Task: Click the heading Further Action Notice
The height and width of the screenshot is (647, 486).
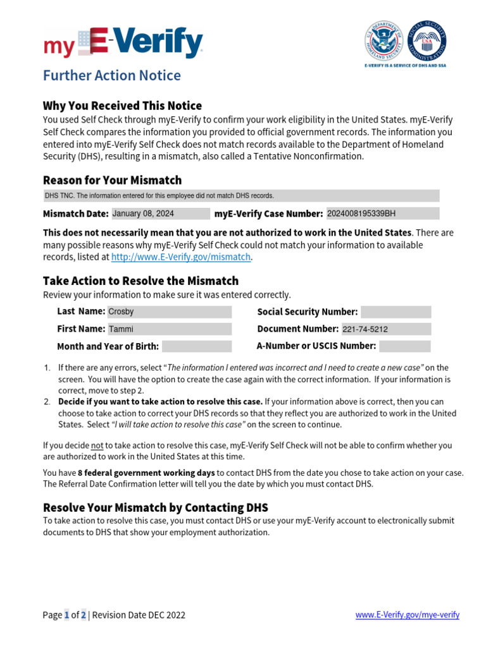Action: pyautogui.click(x=111, y=76)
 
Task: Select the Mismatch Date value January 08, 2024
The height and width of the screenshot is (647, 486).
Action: pyautogui.click(x=160, y=214)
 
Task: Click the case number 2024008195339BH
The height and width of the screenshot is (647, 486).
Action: pyautogui.click(x=382, y=214)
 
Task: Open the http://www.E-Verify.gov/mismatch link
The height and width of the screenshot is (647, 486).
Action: pyautogui.click(x=182, y=257)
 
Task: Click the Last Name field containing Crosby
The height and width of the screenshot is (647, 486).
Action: pyautogui.click(x=170, y=311)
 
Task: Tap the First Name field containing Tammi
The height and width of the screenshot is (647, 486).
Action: pyautogui.click(x=170, y=329)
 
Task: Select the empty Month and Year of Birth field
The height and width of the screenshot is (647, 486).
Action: pyautogui.click(x=197, y=346)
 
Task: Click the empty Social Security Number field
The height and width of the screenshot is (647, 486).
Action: pyautogui.click(x=396, y=311)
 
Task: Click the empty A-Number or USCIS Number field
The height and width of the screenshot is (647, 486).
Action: pyautogui.click(x=405, y=346)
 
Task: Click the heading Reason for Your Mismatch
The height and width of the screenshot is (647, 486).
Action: pyautogui.click(x=112, y=180)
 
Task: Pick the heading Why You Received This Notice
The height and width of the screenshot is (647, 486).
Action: pyautogui.click(x=122, y=106)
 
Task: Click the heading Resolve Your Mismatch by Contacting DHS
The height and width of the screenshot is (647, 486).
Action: pyautogui.click(x=155, y=507)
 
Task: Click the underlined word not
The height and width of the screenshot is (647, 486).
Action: pyautogui.click(x=97, y=445)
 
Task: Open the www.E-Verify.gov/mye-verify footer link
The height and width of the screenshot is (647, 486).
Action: pyautogui.click(x=407, y=615)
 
